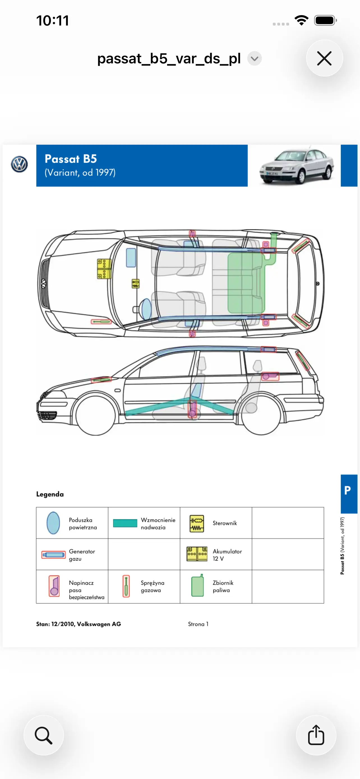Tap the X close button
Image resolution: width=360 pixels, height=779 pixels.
(324, 58)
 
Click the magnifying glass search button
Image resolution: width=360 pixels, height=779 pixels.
(43, 735)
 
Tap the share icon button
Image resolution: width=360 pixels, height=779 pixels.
(316, 735)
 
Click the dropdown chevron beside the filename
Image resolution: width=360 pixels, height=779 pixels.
(255, 59)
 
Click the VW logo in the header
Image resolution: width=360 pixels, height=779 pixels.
(19, 165)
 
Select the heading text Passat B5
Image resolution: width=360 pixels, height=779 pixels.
(71, 159)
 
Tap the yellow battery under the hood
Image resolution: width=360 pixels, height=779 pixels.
(104, 269)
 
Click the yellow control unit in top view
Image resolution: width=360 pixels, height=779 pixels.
(135, 284)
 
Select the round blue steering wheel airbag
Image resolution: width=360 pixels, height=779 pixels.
(146, 309)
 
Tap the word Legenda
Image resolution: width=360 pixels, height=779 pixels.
(50, 494)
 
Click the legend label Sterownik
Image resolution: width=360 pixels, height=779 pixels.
(225, 523)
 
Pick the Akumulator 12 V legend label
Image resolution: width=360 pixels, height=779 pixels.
(227, 555)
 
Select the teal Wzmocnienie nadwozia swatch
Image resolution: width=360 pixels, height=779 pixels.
(125, 523)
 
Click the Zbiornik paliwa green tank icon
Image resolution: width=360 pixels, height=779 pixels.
(197, 586)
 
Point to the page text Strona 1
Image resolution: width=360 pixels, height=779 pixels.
(198, 624)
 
